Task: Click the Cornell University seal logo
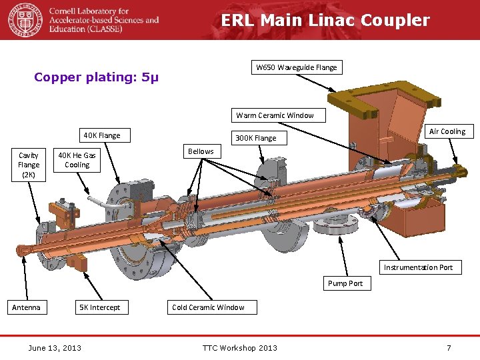25,20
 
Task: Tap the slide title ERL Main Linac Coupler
325,21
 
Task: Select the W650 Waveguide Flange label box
297,67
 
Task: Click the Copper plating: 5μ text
97,77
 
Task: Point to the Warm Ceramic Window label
275,115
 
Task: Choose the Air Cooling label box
447,131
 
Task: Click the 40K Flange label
102,136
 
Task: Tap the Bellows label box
201,151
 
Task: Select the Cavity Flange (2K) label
29,165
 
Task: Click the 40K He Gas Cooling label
77,160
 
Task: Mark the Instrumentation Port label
418,267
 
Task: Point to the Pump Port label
345,283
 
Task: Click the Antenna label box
26,307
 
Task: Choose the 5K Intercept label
100,307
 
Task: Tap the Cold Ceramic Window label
208,307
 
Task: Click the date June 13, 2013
55,347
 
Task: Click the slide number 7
449,347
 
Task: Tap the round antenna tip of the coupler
22,251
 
